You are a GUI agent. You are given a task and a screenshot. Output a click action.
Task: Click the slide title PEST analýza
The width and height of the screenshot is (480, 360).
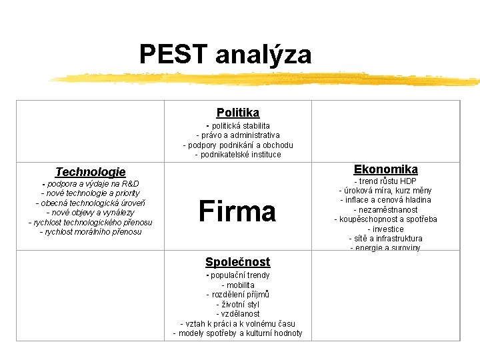(x=225, y=54)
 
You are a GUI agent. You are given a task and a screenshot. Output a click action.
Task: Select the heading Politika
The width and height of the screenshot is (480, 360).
(x=238, y=113)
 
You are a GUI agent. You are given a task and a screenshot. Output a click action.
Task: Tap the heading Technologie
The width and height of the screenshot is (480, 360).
(x=90, y=172)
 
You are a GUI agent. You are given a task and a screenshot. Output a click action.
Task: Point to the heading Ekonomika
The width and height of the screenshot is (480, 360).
(x=386, y=169)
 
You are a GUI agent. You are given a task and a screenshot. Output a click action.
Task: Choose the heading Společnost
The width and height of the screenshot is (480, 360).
(x=238, y=262)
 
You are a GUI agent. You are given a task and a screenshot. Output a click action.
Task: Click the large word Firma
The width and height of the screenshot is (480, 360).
(x=237, y=211)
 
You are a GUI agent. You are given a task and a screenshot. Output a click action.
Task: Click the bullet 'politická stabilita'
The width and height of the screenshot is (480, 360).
(x=238, y=125)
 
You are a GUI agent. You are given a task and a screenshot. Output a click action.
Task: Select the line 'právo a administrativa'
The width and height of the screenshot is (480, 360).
(x=238, y=135)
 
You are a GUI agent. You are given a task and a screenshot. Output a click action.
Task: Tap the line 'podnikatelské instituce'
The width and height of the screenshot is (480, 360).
(x=238, y=155)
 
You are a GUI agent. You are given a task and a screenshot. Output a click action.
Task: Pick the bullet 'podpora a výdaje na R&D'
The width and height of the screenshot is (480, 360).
(x=91, y=183)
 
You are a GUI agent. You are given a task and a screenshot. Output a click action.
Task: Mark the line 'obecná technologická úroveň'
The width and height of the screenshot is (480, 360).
(x=91, y=203)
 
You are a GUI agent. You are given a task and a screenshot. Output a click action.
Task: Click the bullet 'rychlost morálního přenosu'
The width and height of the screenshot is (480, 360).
(x=91, y=232)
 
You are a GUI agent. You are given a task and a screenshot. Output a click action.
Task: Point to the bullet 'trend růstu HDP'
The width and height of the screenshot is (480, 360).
(x=386, y=181)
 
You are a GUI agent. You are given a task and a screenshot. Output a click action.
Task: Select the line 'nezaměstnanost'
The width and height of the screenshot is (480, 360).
(x=386, y=209)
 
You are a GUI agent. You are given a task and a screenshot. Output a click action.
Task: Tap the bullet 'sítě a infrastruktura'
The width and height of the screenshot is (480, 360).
(x=386, y=238)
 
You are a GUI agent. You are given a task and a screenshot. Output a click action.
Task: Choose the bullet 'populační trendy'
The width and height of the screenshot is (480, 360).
(x=238, y=275)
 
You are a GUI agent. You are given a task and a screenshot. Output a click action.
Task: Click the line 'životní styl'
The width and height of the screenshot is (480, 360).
(x=238, y=304)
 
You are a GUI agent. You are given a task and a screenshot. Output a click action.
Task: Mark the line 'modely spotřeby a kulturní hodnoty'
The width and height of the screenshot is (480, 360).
(x=238, y=333)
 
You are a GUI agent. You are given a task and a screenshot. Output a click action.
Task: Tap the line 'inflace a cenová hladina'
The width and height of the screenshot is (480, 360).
(x=386, y=200)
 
